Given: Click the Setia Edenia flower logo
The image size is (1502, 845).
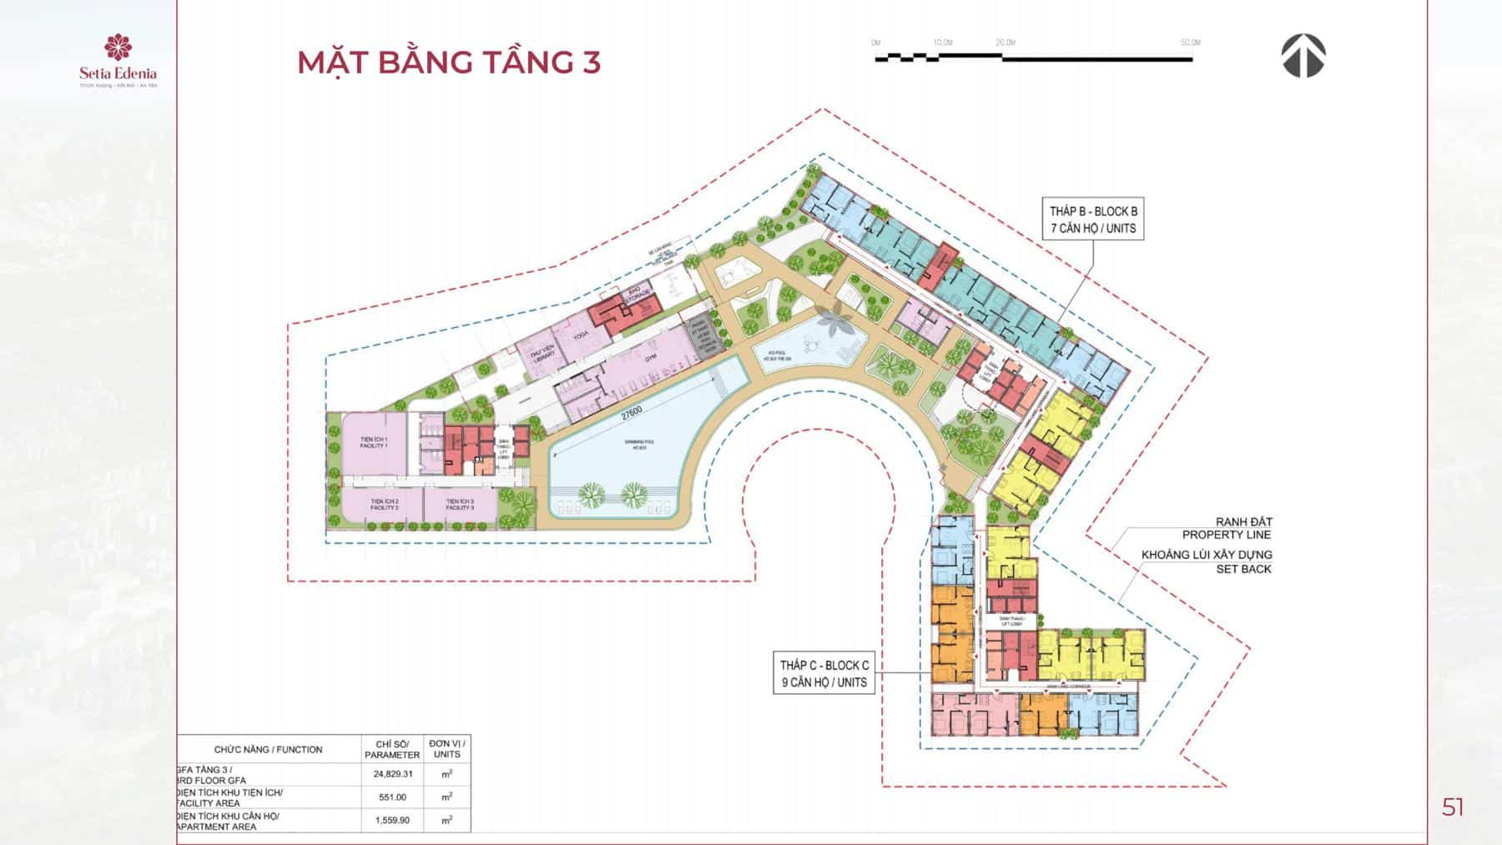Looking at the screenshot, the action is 118,48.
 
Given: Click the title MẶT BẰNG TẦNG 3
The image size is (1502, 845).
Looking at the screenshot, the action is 449,63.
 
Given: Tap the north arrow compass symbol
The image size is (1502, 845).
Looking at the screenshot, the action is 1303,57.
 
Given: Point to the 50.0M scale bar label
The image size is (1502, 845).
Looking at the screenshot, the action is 1190,43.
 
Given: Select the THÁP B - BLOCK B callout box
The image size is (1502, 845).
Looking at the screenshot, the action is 1093,219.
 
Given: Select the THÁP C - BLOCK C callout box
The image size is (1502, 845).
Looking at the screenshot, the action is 824,673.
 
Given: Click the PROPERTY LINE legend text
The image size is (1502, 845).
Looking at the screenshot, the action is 1227,535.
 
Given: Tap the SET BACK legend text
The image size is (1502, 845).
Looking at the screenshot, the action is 1243,569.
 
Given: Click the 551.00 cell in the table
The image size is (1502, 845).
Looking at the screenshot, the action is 392,797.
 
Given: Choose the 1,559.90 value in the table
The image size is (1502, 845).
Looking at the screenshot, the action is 392,820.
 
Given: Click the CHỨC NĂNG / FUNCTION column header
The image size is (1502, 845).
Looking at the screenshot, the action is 268,749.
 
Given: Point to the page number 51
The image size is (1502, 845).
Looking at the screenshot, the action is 1453,807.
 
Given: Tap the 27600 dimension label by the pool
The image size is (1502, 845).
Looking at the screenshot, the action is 631,414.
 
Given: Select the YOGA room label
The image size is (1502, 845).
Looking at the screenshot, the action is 581,335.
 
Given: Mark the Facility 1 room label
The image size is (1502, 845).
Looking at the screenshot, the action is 374,442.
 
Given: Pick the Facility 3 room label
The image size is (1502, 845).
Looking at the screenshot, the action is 460,504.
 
